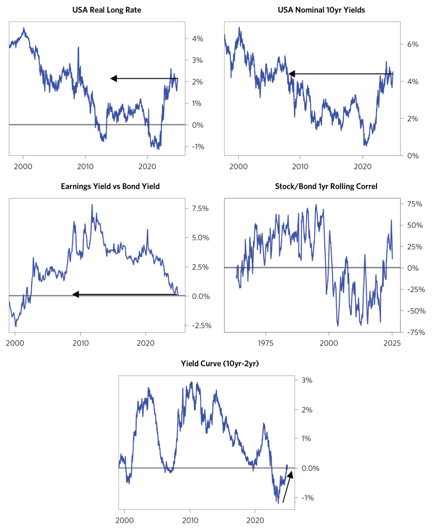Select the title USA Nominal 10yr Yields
pos(312,9)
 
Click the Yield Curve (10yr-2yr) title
pos(206,364)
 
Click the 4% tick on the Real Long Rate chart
pos(197,39)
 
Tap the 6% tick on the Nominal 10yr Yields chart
pos(412,45)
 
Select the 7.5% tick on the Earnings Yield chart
pos(200,208)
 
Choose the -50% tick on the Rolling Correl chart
pos(413,311)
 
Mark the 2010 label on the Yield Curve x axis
pos(190,520)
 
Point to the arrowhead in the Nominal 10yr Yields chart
pos(292,74)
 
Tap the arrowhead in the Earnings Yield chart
pos(76,294)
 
